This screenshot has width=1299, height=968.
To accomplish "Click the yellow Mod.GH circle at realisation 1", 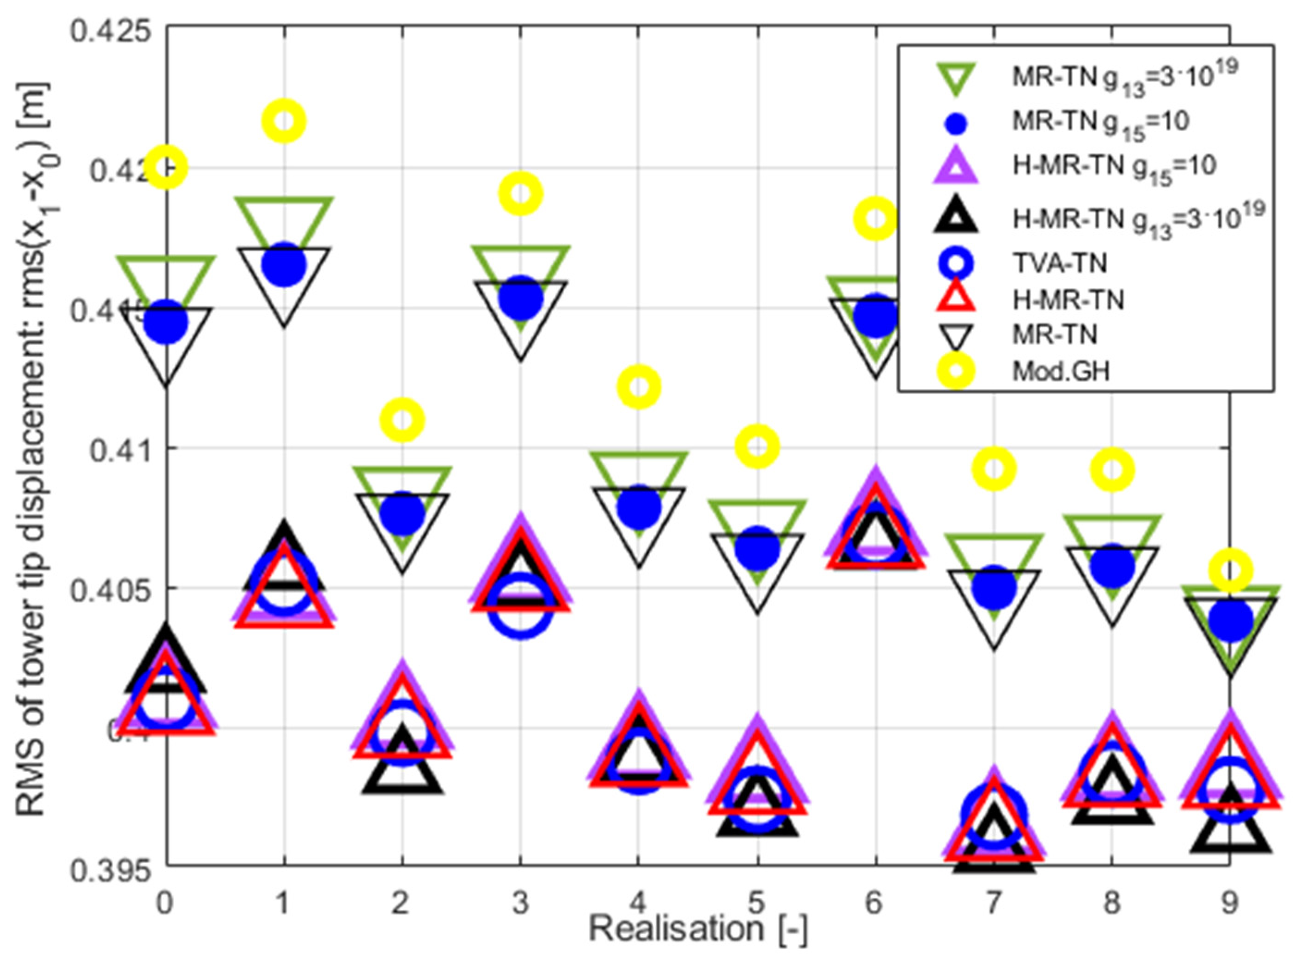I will (284, 121).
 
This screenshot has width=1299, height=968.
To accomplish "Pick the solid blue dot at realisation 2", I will (402, 514).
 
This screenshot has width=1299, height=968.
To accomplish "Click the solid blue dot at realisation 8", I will (1113, 566).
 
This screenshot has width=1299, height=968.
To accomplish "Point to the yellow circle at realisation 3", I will (520, 193).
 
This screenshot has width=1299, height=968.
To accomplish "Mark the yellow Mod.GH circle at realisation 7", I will (994, 468).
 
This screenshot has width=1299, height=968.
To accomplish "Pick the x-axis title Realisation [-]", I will (697, 931).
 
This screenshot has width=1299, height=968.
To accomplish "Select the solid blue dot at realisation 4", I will (639, 507).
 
